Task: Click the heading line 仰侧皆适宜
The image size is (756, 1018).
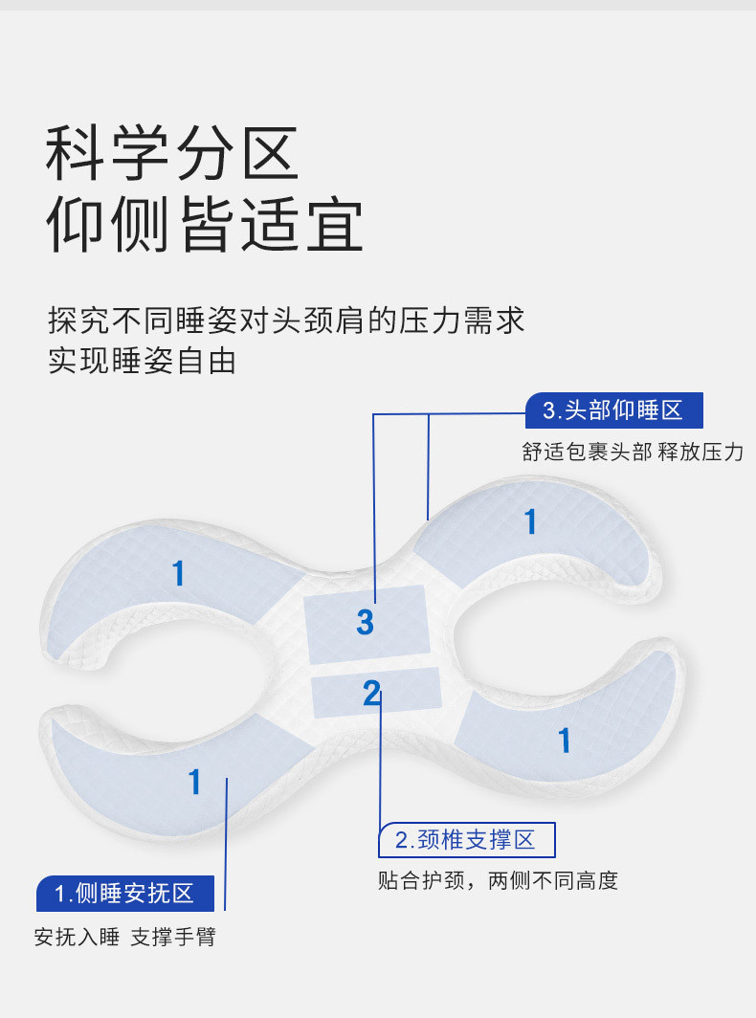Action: [206, 227]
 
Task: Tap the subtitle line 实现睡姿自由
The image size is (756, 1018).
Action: [142, 362]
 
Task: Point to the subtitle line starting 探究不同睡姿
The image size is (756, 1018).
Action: [286, 320]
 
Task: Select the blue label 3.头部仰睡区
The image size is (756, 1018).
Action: [613, 411]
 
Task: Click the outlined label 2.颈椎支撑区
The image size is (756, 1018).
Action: [466, 840]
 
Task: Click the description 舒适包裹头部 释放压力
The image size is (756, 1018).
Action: [633, 453]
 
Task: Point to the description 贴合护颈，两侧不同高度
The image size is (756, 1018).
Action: [498, 880]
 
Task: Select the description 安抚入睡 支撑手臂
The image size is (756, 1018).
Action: [125, 938]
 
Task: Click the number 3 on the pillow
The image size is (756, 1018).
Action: [365, 622]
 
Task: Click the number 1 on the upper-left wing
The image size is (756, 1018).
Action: [178, 573]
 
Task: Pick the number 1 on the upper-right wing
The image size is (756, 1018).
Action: [530, 521]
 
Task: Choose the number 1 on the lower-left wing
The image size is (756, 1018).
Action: [195, 782]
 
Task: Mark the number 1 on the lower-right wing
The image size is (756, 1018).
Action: [565, 740]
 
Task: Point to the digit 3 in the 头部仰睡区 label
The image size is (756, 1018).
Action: [549, 411]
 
